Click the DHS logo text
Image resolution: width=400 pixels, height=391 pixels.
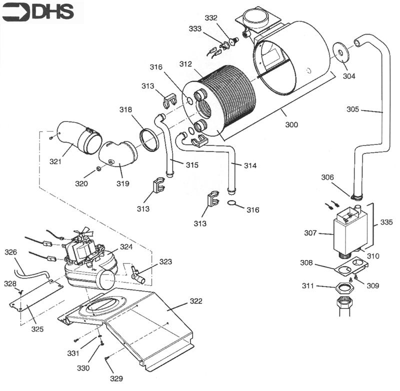point(53,11)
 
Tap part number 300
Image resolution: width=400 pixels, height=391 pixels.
point(291,124)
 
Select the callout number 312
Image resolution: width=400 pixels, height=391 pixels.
point(185,64)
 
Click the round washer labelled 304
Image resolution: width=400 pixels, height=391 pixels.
point(341,53)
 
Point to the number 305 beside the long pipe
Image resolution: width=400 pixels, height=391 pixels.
point(352,109)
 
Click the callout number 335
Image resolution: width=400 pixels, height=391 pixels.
point(386,222)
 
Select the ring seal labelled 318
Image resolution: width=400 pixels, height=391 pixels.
point(149,140)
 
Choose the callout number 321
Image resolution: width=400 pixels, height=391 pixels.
point(55,161)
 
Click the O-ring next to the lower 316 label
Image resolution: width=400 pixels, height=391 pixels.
point(231,203)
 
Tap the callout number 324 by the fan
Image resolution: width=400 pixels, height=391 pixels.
point(126,247)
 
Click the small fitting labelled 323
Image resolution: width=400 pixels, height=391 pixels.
point(137,275)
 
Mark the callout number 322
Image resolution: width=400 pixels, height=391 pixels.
point(196,301)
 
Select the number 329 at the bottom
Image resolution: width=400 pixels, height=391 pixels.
point(116,379)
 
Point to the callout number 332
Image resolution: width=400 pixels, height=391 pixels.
point(211,18)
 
